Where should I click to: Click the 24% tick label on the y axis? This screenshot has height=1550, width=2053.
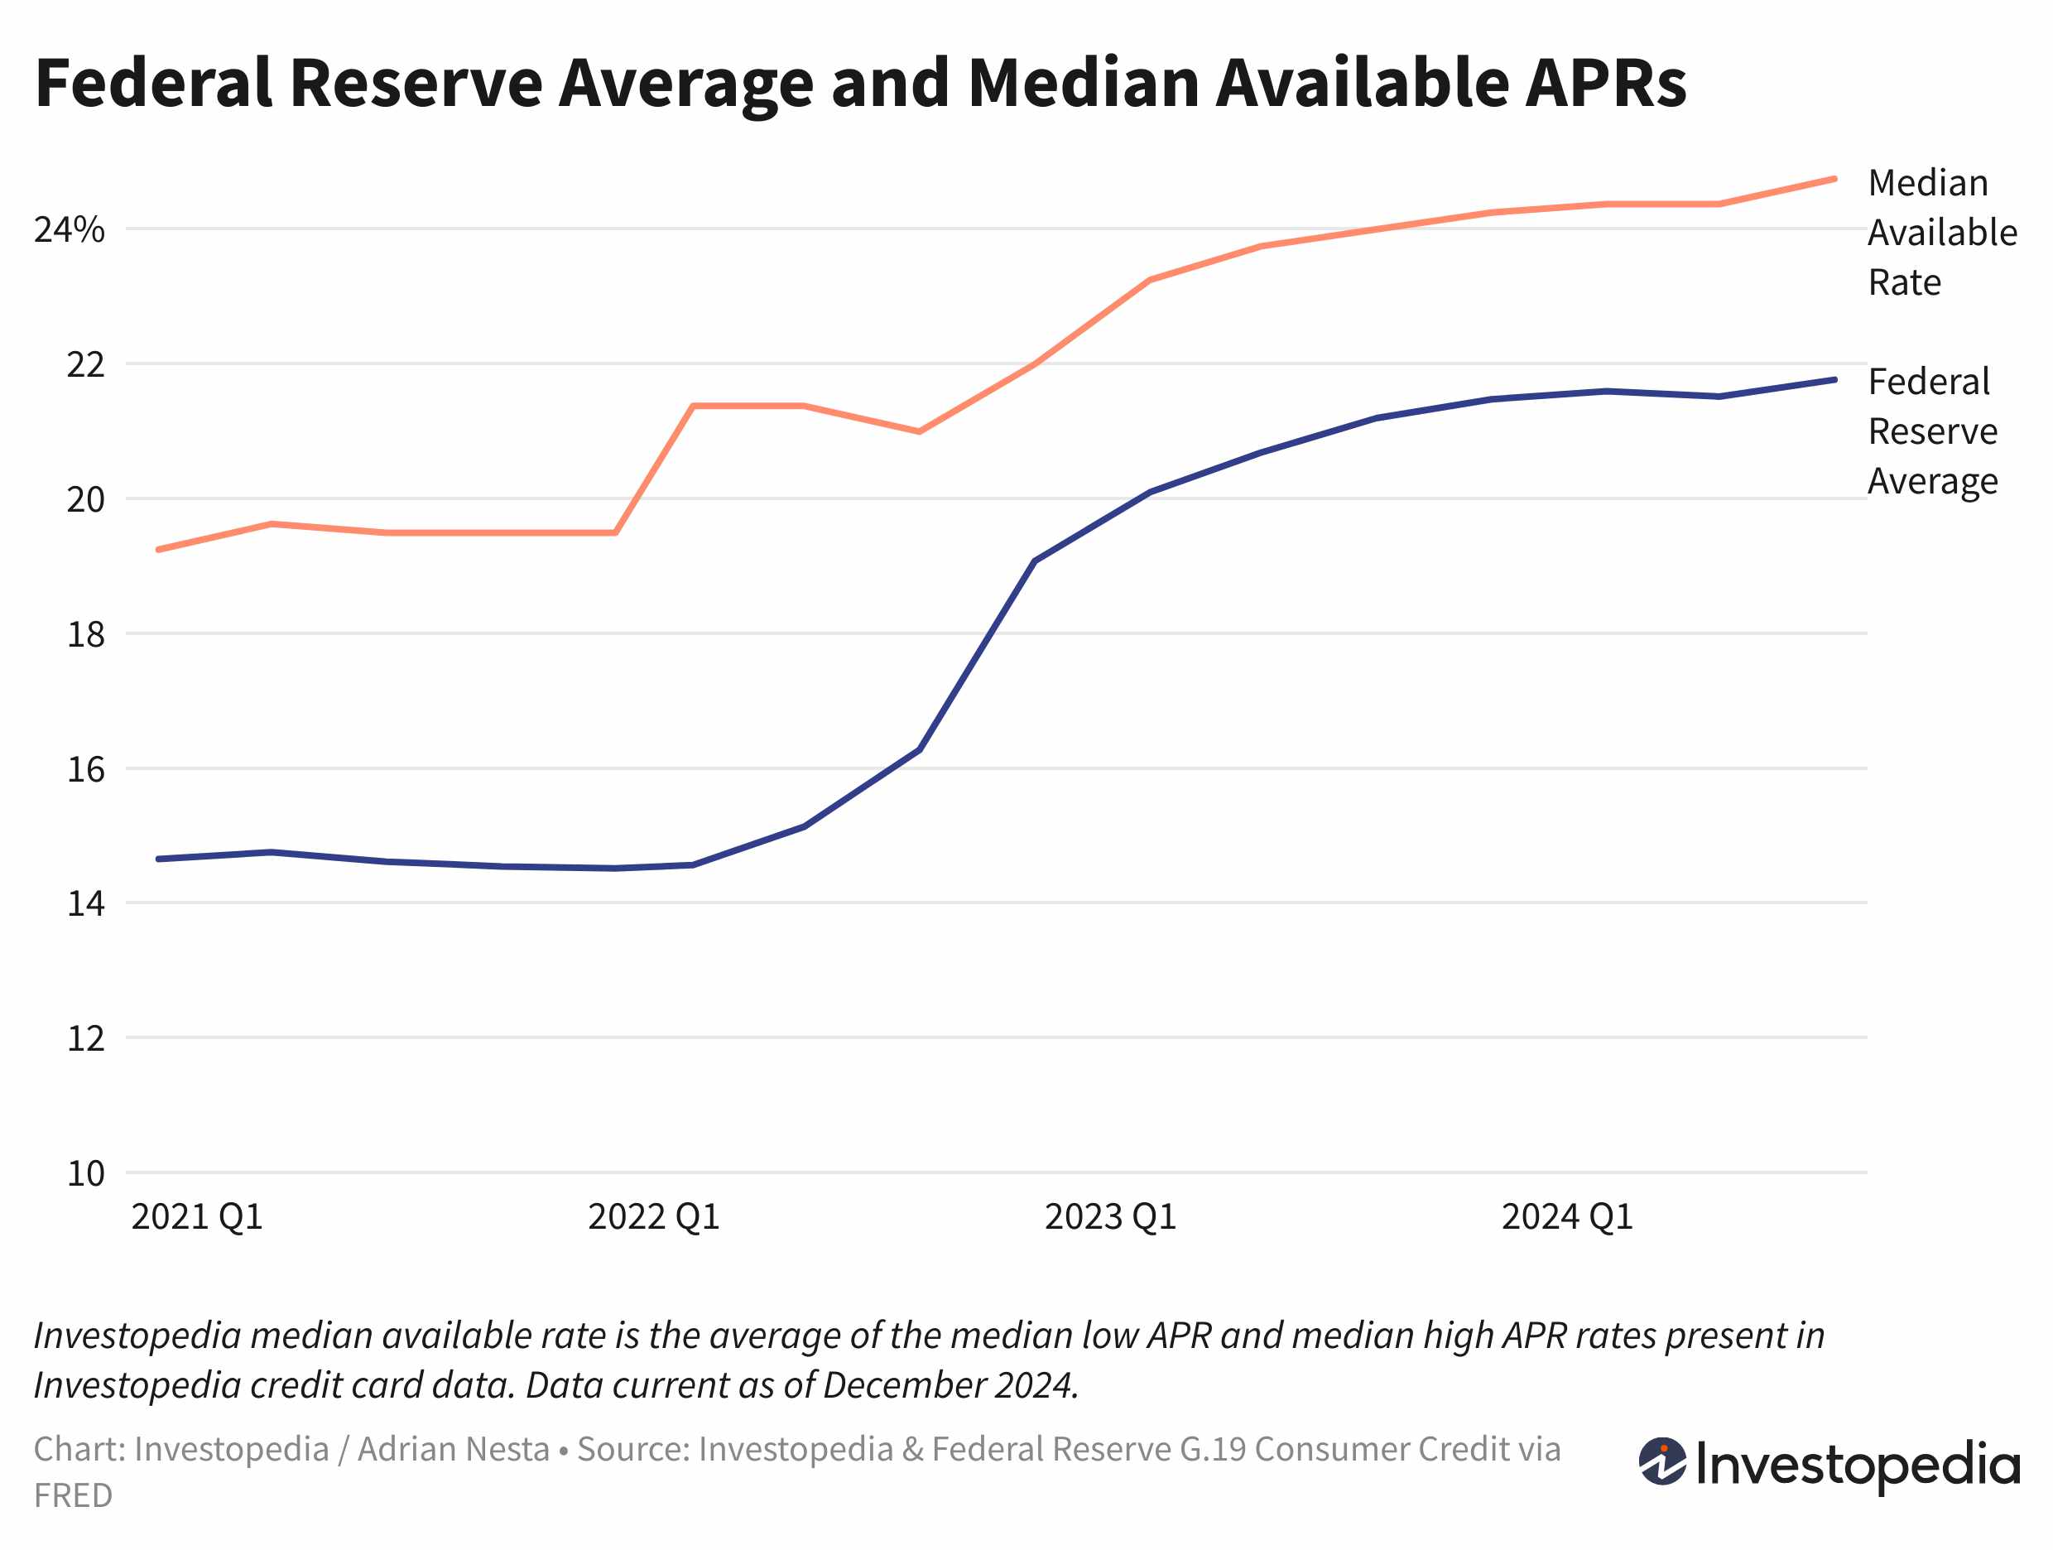(69, 230)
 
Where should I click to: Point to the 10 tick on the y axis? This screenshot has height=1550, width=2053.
(85, 1174)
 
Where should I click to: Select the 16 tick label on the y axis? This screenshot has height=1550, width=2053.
(85, 769)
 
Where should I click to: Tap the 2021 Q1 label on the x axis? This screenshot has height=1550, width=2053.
(197, 1217)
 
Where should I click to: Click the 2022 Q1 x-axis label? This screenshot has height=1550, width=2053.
(653, 1217)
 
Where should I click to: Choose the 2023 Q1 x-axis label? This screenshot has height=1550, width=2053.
(1110, 1217)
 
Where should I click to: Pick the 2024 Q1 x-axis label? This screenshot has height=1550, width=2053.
(1567, 1217)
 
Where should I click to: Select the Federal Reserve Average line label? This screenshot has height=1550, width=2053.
(1932, 431)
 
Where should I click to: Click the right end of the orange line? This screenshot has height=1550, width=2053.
(1834, 179)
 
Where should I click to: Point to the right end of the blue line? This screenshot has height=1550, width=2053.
(1834, 379)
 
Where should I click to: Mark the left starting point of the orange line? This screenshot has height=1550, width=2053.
(159, 550)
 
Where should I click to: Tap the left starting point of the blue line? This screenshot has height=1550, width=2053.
(159, 859)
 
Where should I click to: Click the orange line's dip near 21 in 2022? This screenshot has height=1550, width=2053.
(919, 431)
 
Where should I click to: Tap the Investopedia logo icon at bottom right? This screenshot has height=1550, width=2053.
(1661, 1463)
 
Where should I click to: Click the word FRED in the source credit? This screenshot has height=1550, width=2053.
(72, 1496)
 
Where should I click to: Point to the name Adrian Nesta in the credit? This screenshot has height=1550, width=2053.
(454, 1450)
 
